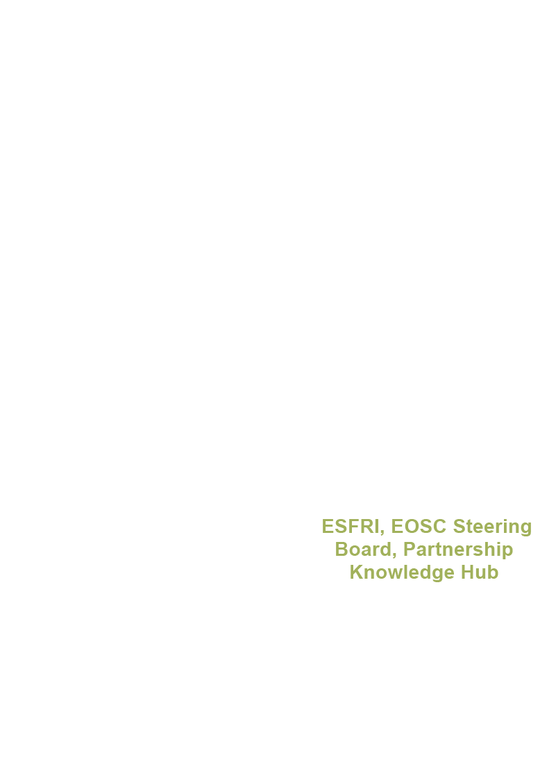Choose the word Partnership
(458, 550)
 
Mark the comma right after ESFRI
(382, 532)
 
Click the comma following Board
(396, 555)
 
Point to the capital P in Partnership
(410, 550)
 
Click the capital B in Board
(342, 550)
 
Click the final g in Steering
(525, 529)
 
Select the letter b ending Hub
(493, 572)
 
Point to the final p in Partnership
(507, 552)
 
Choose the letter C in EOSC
(440, 527)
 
